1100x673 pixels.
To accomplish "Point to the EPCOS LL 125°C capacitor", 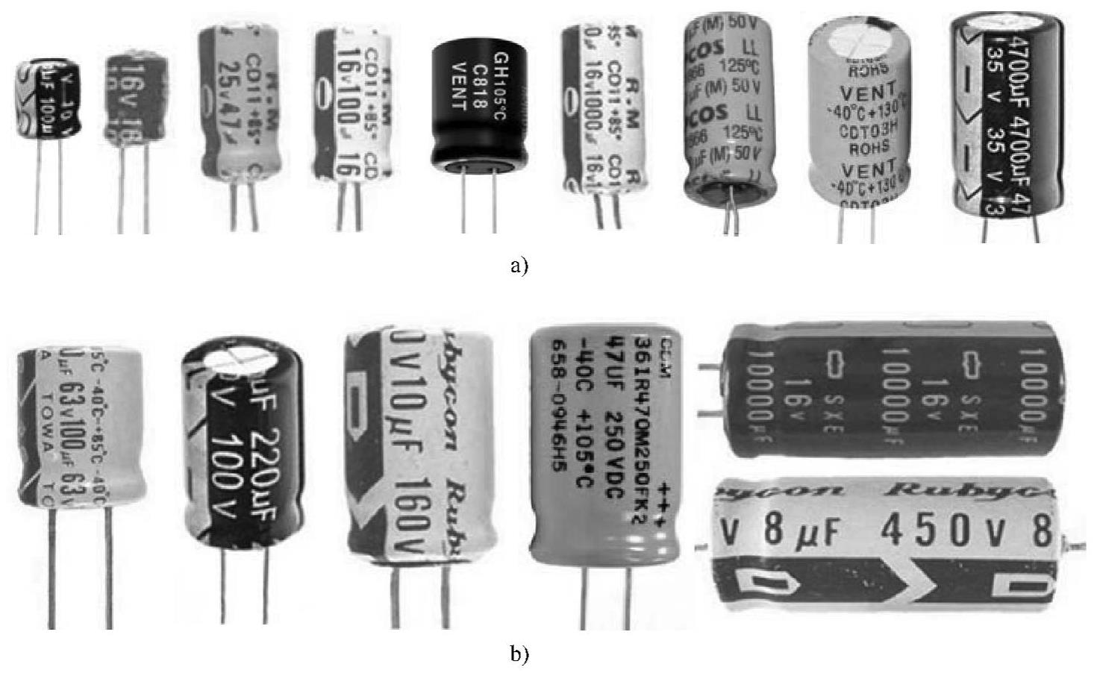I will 728,108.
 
